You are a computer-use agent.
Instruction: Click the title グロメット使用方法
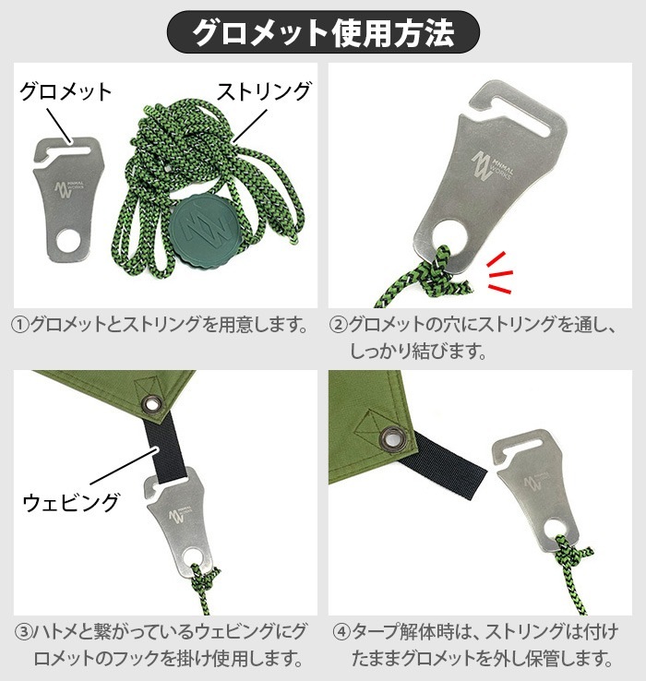pos(323,32)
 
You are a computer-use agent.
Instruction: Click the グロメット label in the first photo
pos(66,91)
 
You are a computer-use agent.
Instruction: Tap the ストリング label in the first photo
pos(264,91)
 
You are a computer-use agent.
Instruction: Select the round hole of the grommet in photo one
pos(66,243)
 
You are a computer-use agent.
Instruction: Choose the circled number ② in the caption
pos(339,325)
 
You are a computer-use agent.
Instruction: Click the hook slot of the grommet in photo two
pos(498,99)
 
